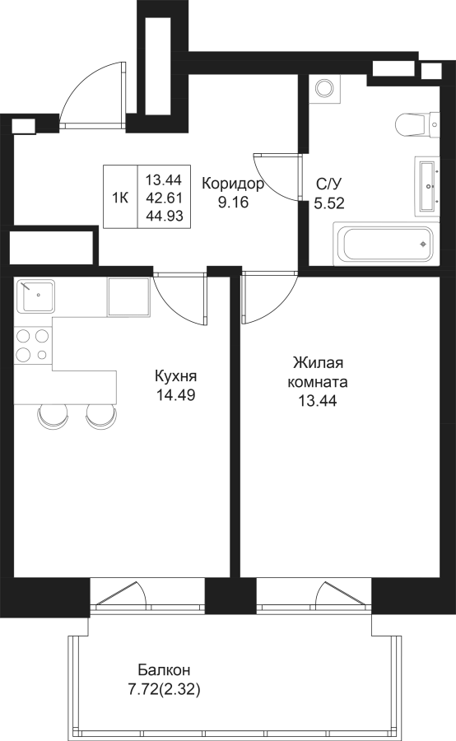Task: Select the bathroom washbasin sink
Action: tap(428, 186)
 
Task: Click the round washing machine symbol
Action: tap(325, 89)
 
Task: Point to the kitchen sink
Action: tap(35, 296)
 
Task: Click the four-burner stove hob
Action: tap(33, 345)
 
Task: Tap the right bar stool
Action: tap(101, 416)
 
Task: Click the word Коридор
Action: tap(232, 184)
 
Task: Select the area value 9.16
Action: tap(233, 203)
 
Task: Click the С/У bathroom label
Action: tap(329, 184)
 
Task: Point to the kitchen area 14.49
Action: tap(176, 394)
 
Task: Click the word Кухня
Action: tap(176, 376)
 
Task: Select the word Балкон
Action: tap(165, 670)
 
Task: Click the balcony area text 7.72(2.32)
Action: tap(165, 690)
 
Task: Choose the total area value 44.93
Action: tap(164, 216)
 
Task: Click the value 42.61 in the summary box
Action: tap(164, 198)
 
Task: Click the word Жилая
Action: tap(318, 363)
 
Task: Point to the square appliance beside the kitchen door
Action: tap(128, 296)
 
